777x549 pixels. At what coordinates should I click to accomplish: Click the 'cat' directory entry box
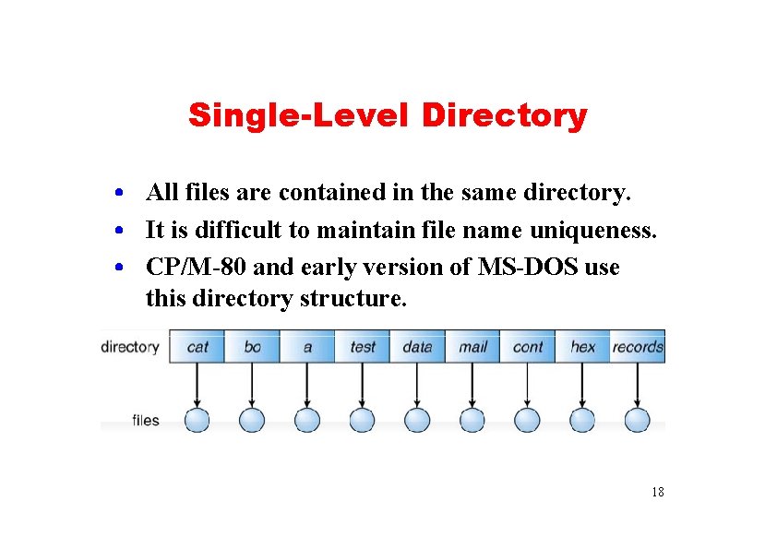pyautogui.click(x=197, y=347)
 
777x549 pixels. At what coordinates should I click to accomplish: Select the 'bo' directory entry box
pyautogui.click(x=252, y=347)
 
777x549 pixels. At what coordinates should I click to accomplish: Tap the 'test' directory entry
pyautogui.click(x=363, y=347)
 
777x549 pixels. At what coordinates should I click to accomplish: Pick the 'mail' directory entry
pyautogui.click(x=472, y=347)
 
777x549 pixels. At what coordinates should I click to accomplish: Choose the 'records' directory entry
pyautogui.click(x=638, y=347)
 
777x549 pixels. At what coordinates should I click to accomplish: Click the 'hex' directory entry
pyautogui.click(x=582, y=347)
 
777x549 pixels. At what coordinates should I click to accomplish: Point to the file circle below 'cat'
pyautogui.click(x=197, y=420)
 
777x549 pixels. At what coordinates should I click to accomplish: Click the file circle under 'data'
pyautogui.click(x=417, y=420)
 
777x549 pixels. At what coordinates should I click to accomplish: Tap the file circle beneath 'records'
pyautogui.click(x=637, y=420)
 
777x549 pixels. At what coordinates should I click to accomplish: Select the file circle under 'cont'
pyautogui.click(x=527, y=420)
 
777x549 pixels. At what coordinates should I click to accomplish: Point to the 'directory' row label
pyautogui.click(x=130, y=347)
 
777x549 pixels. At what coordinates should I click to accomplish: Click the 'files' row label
pyautogui.click(x=146, y=421)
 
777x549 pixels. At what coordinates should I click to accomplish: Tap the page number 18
pyautogui.click(x=657, y=492)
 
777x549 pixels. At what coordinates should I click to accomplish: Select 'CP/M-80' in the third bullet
pyautogui.click(x=196, y=268)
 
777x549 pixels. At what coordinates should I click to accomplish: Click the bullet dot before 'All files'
pyautogui.click(x=121, y=194)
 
